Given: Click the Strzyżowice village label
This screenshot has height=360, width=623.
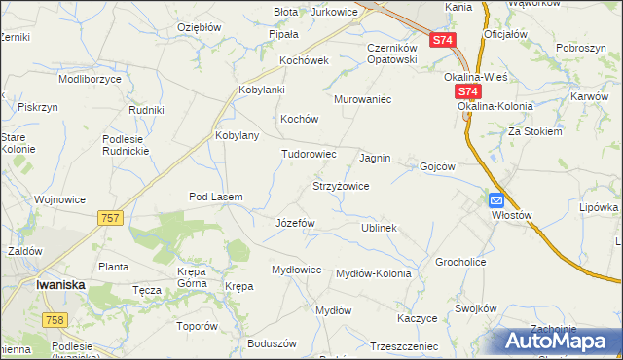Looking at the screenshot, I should tap(340, 186).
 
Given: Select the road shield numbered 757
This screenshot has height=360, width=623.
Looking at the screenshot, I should tap(110, 218).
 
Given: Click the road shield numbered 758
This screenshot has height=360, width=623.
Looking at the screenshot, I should tap(54, 320).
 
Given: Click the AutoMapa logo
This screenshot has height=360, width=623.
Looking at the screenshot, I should tap(558, 341).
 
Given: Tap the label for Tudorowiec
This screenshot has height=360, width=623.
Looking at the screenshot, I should tap(309, 154).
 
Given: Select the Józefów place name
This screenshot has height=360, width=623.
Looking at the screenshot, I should tap(296, 222).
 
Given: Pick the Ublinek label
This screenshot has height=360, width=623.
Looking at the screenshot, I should tap(380, 228).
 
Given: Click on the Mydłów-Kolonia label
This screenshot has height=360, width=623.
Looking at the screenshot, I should tap(373, 273).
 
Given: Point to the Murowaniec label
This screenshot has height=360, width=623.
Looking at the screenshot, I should tap(362, 99).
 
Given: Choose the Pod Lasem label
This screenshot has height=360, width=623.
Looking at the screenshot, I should tap(215, 197).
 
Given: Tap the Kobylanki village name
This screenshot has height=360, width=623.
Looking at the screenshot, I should tap(261, 90).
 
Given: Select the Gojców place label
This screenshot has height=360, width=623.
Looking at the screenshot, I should tap(437, 166).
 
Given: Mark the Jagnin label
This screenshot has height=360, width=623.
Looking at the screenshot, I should tap(375, 158).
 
